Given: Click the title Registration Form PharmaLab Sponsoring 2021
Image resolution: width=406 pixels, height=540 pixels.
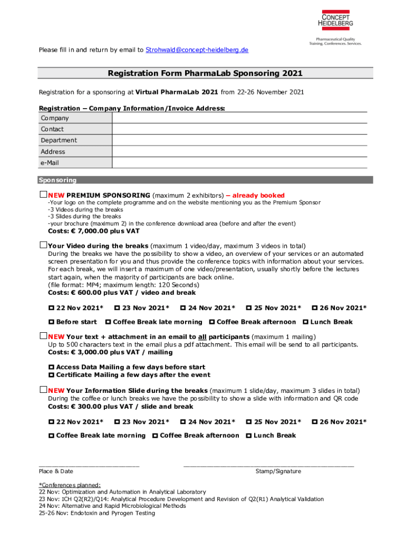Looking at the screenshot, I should pyautogui.click(x=205, y=73).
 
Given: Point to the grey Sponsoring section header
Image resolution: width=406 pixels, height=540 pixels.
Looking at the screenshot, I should pyautogui.click(x=205, y=180).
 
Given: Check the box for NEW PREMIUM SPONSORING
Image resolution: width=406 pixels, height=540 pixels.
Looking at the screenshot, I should pyautogui.click(x=43, y=195).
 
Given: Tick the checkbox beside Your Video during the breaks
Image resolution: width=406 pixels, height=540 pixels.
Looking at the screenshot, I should pyautogui.click(x=43, y=245).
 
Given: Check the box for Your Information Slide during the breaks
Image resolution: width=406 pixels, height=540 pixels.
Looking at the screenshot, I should pyautogui.click(x=43, y=390).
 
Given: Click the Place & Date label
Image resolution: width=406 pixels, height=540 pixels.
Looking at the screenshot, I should pyautogui.click(x=56, y=471).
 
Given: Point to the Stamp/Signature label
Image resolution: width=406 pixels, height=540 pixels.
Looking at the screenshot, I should pyautogui.click(x=278, y=471).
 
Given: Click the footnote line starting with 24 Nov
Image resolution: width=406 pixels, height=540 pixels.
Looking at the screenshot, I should pyautogui.click(x=112, y=506).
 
